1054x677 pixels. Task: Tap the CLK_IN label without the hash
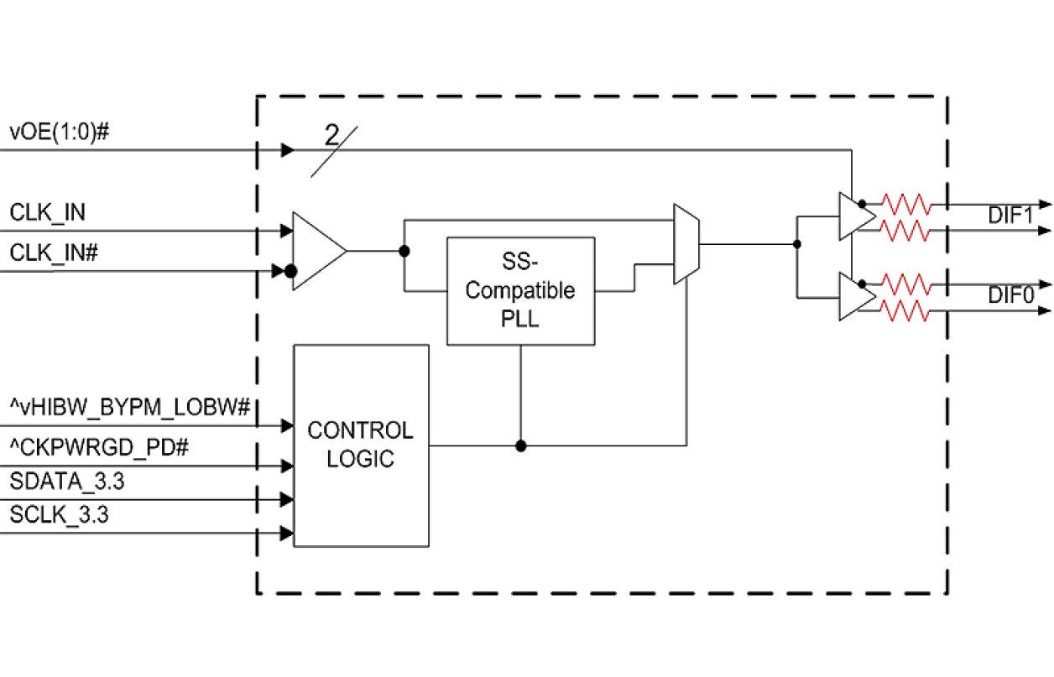coord(48,213)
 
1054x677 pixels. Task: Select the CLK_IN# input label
coord(55,253)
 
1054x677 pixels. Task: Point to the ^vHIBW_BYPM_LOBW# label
coord(130,408)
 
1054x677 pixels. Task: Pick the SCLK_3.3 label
coord(60,515)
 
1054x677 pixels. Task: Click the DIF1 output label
coord(1009,216)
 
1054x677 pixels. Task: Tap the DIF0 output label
coord(1009,295)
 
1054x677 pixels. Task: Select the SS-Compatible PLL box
coord(520,290)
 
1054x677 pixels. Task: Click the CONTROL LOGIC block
coord(361,445)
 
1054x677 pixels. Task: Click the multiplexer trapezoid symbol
coord(686,243)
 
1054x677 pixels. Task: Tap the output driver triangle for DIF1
coord(855,216)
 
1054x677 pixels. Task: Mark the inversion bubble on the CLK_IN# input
coord(290,271)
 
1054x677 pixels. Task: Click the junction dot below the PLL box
coord(521,445)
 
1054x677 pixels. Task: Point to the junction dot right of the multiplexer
coord(796,244)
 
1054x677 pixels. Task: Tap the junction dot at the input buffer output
coord(404,251)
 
